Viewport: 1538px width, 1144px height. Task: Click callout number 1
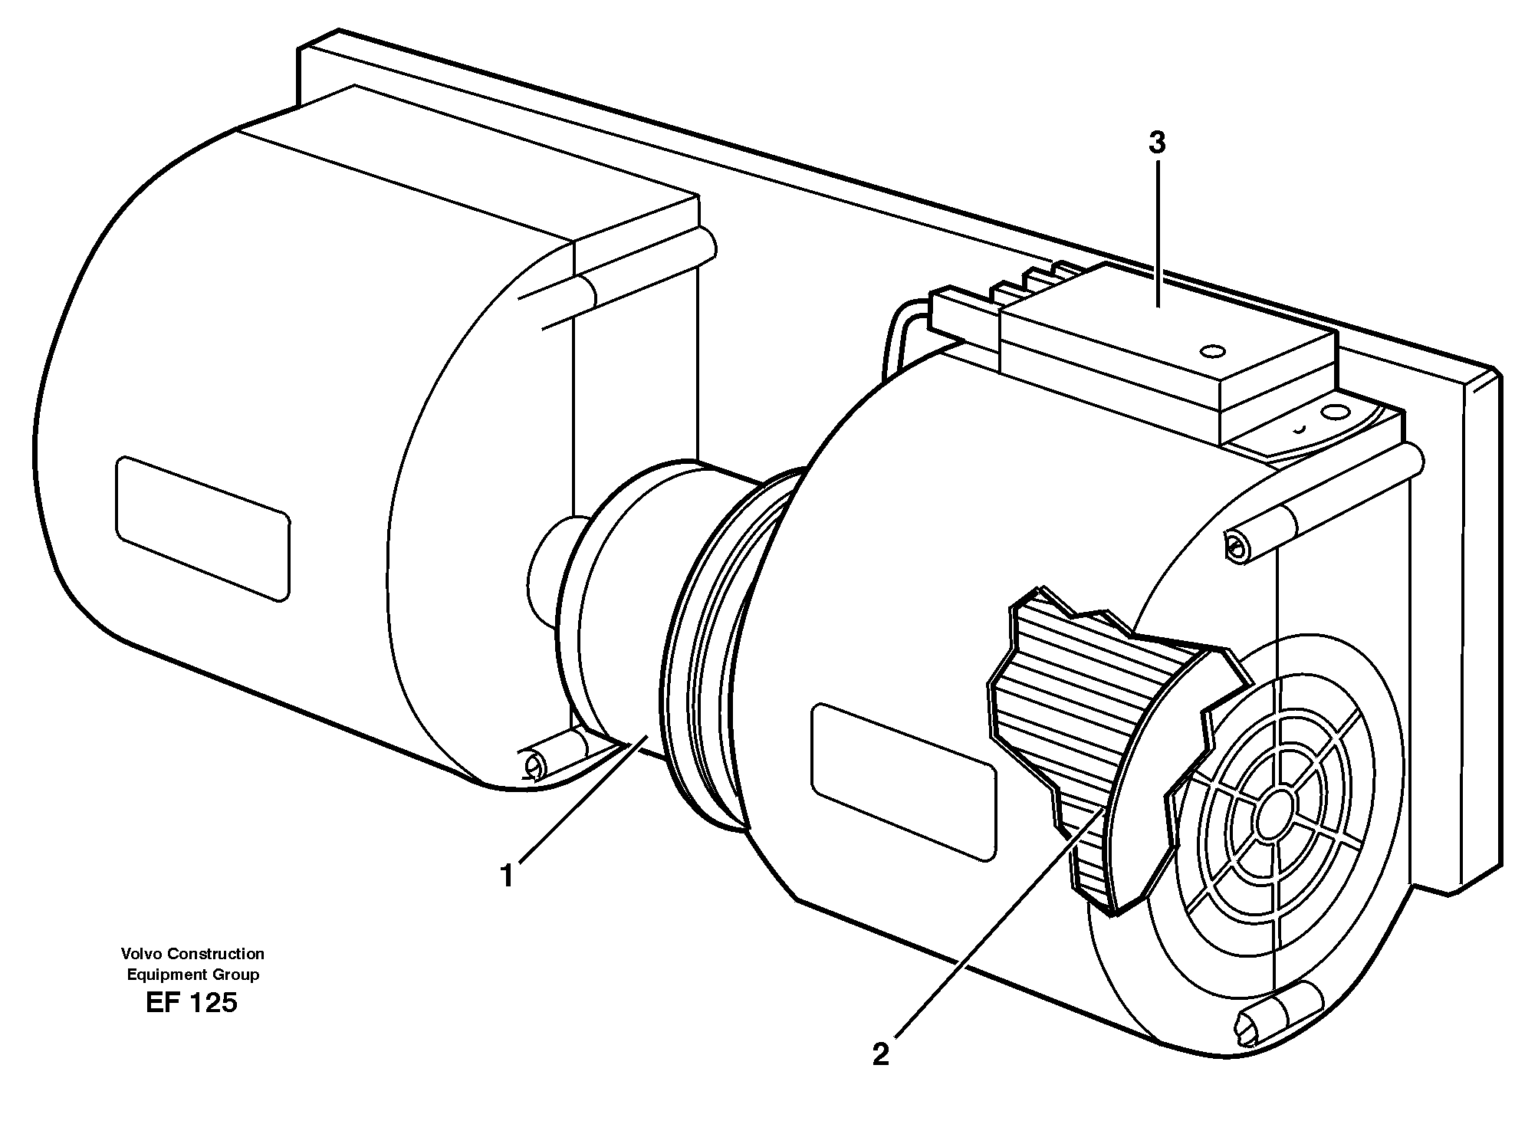[x=507, y=875]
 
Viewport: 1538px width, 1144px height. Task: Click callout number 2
[x=881, y=1054]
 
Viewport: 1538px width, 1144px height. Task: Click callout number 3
[x=1157, y=143]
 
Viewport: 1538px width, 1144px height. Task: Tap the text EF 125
[x=192, y=1003]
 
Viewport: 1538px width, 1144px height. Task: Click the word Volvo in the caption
[x=141, y=954]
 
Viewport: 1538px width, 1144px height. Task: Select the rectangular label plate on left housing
[x=203, y=528]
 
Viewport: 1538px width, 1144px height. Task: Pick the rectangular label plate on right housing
[x=905, y=781]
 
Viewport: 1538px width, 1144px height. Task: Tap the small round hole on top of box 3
[x=1213, y=351]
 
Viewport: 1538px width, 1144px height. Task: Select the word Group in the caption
[x=235, y=975]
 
